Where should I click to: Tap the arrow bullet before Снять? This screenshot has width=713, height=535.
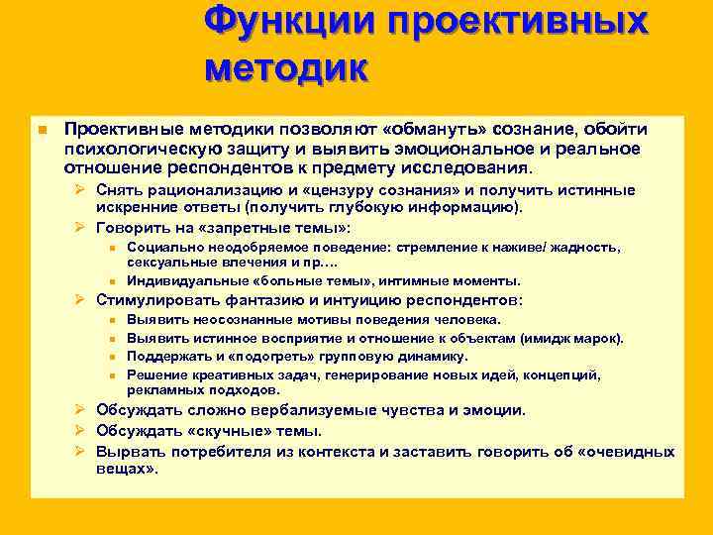tap(83, 189)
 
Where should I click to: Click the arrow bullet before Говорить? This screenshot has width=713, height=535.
tap(83, 228)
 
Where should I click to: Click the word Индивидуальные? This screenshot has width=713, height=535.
tap(183, 280)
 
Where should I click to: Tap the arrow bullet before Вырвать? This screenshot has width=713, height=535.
tap(83, 451)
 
